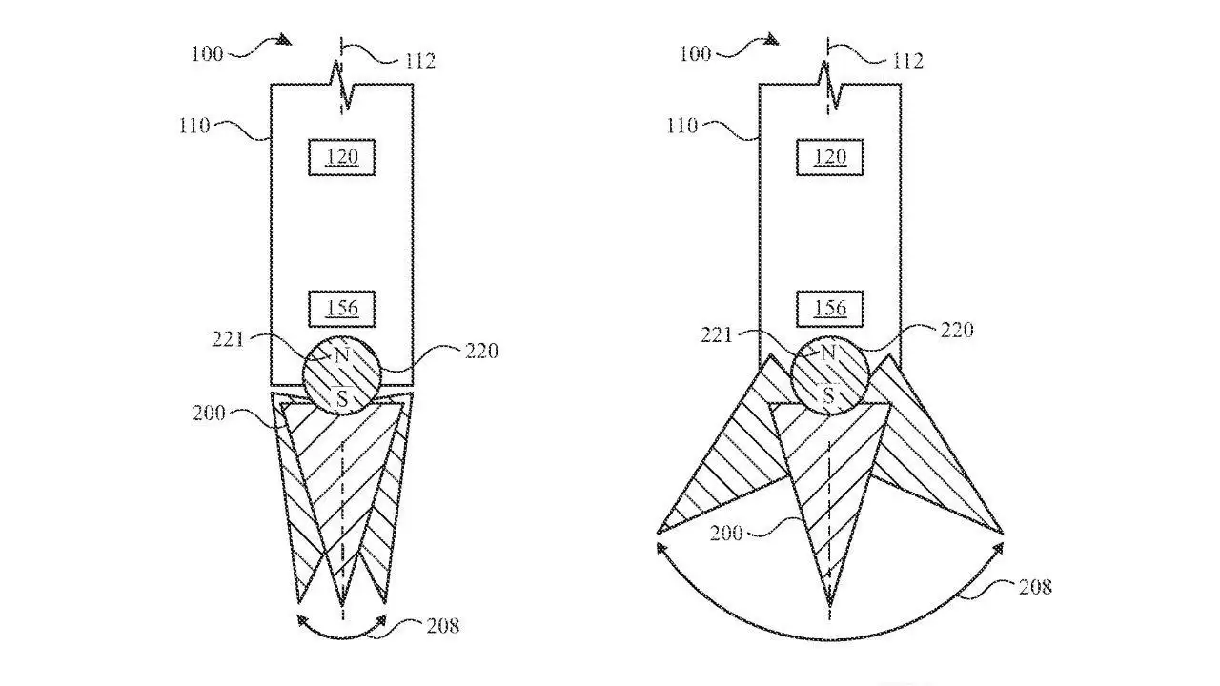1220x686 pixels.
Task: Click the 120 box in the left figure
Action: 342,156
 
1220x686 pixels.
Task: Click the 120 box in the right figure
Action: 830,156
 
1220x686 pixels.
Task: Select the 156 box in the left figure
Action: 342,308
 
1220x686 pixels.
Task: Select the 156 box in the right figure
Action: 830,308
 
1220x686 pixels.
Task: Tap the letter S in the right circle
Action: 829,394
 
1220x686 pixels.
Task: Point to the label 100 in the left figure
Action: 207,53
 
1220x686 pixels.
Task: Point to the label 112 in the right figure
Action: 906,61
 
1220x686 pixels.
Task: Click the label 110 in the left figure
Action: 194,125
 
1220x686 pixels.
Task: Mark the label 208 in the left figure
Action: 441,626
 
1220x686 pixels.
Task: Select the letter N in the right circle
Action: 828,353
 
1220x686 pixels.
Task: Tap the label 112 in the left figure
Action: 418,61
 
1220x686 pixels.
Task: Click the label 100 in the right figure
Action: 695,53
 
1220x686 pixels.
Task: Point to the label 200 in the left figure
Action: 209,413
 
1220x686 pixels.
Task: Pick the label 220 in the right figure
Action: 956,331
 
